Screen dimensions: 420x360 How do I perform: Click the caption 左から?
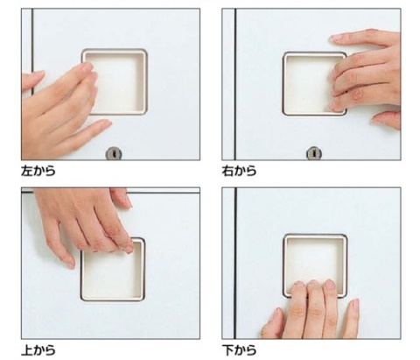pos(38,171)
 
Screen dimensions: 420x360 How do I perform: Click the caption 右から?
pos(239,171)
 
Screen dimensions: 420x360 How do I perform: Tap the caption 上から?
pos(38,349)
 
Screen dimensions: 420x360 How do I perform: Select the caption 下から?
pos(239,349)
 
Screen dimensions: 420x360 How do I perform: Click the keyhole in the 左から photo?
pos(114,153)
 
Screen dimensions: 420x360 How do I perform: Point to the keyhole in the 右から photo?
pos(314,153)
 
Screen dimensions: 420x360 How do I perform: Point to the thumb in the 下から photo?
pos(272,322)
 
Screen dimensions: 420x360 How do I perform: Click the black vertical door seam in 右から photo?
pos(235,84)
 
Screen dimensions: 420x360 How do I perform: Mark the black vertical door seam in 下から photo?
pos(235,263)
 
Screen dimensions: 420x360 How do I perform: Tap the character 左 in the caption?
pos(26,171)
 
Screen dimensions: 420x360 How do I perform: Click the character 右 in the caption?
pos(227,171)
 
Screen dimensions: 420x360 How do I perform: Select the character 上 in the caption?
pos(26,349)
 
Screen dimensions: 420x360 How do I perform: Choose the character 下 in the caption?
pos(227,349)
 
